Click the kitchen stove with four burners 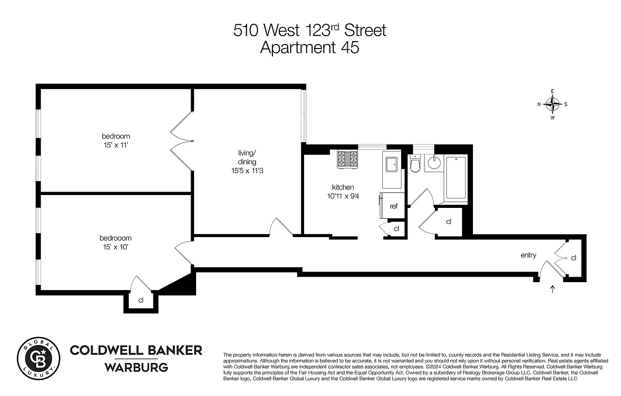[x=347, y=159]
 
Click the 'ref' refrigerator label [x=394, y=206]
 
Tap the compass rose [x=552, y=104]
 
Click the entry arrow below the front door [x=553, y=289]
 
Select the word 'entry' [x=528, y=255]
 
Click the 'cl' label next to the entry [x=573, y=258]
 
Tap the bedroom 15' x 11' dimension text [x=116, y=146]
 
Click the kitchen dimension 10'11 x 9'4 [x=343, y=196]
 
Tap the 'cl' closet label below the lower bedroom [x=141, y=300]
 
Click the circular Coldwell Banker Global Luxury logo [x=39, y=359]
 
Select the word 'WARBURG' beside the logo [x=136, y=367]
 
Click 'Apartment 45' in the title [x=310, y=48]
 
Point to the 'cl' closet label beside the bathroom [x=449, y=222]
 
